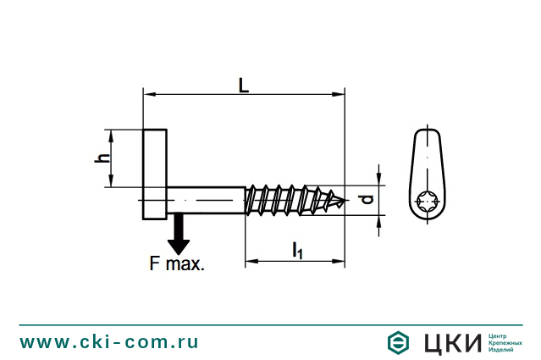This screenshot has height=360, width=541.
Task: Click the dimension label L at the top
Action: click(x=243, y=85)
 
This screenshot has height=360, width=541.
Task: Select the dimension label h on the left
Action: click(x=102, y=158)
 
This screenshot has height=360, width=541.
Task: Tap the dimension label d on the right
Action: click(x=367, y=200)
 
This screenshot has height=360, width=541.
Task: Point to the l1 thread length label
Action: click(x=297, y=249)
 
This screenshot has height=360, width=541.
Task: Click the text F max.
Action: click(x=177, y=263)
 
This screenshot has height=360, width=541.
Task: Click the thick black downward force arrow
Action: click(x=178, y=234)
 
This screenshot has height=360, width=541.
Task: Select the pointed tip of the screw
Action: click(x=343, y=201)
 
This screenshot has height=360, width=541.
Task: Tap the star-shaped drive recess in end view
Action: click(x=428, y=201)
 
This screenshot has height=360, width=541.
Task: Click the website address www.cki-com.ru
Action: click(x=109, y=341)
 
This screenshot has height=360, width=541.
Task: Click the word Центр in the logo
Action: click(x=500, y=335)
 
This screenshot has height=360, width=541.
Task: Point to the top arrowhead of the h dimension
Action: click(x=110, y=134)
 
